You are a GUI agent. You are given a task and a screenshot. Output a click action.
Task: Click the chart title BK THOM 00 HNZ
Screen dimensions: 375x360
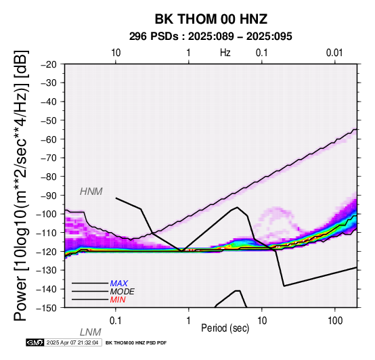point(211,19)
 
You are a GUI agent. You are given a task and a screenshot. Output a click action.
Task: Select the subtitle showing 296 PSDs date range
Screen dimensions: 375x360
point(211,37)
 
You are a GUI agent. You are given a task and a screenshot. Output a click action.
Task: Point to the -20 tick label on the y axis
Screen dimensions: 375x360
point(49,64)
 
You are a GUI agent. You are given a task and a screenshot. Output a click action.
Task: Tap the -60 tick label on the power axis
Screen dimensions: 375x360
point(49,139)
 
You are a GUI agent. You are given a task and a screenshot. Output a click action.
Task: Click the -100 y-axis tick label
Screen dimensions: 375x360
point(47,214)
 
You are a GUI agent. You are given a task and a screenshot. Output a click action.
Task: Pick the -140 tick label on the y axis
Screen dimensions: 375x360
point(47,289)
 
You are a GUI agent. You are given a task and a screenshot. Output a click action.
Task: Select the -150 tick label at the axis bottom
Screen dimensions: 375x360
point(47,308)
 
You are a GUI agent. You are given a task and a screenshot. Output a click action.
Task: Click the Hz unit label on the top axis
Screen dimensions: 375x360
point(225,53)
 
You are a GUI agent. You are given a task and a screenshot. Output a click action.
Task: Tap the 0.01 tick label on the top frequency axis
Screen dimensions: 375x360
point(334,53)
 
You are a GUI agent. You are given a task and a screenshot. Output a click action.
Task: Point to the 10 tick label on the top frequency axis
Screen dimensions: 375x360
point(116,53)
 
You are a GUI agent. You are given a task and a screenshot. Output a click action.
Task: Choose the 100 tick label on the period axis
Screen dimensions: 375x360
point(335,321)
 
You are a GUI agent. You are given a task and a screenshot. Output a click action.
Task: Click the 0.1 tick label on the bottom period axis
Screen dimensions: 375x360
point(116,321)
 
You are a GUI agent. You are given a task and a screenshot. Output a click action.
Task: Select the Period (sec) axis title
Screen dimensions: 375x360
point(225,328)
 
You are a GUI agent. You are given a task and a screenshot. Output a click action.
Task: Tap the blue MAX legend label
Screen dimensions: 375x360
point(119,284)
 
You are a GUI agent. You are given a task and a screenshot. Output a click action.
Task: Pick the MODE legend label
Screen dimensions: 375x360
point(123,292)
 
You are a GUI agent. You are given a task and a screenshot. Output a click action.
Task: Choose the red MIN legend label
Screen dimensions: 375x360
point(118,300)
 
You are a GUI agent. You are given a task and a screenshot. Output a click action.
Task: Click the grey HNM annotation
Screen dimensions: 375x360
point(91,192)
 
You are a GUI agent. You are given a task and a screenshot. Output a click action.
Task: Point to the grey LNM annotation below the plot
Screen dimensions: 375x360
point(91,332)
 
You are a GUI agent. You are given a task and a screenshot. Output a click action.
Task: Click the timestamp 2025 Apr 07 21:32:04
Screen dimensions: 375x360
point(72,343)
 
